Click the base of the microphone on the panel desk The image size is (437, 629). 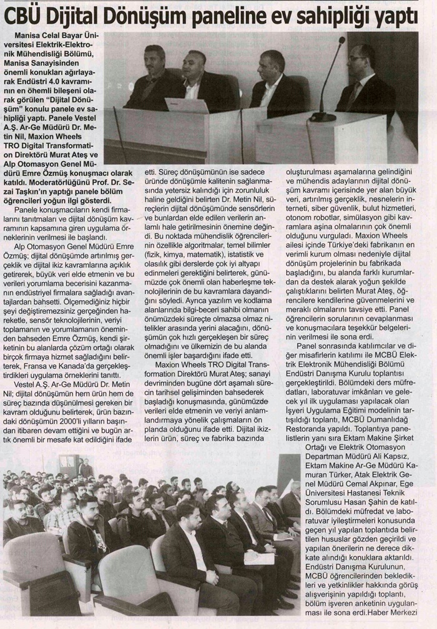pos(323,117)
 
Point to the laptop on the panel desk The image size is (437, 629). pos(187,105)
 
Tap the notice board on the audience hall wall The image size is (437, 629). pos(69,463)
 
